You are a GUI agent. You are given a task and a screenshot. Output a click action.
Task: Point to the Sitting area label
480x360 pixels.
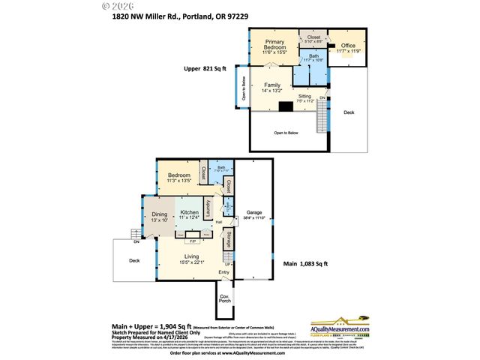[x=305, y=96]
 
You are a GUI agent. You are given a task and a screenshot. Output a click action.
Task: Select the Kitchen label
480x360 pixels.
[x=189, y=212]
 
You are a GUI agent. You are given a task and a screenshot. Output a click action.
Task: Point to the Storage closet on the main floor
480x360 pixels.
[x=229, y=240]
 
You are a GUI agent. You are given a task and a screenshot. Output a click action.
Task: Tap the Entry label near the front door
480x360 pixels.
[x=223, y=272]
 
